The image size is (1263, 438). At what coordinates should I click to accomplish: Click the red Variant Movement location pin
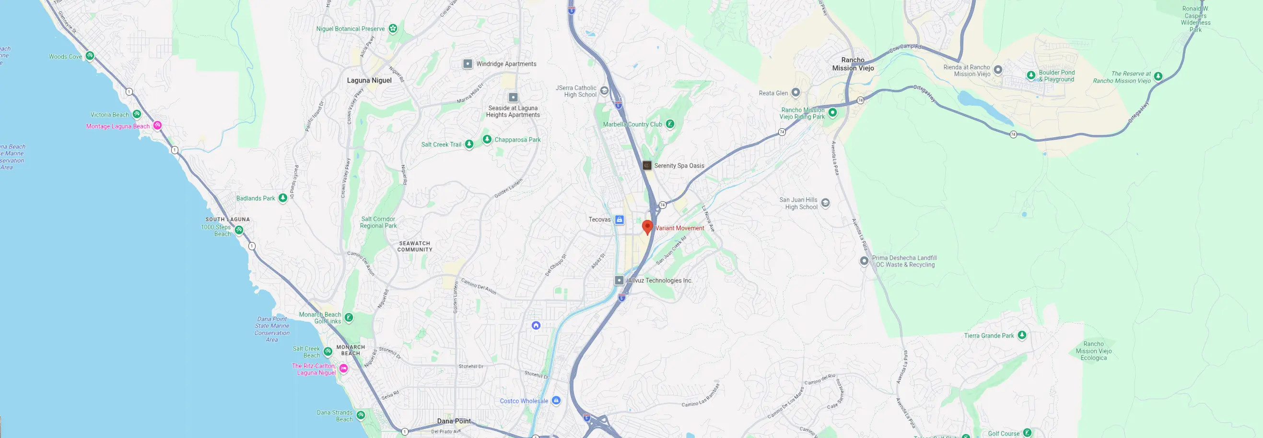[x=647, y=227]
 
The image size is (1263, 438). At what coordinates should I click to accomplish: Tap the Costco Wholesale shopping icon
[x=556, y=401]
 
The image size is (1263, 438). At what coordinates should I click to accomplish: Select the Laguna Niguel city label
[x=369, y=81]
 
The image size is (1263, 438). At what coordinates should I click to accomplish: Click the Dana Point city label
[x=454, y=421]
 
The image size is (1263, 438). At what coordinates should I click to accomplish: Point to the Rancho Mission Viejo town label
[x=853, y=64]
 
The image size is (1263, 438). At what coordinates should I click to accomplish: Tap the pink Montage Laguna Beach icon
[x=157, y=125]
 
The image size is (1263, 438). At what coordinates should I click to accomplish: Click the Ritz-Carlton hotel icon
[x=344, y=368]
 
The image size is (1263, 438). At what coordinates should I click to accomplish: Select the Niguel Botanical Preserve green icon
[x=393, y=28]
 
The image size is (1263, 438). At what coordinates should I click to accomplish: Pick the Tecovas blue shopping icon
[x=619, y=219]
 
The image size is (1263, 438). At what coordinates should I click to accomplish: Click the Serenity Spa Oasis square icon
[x=647, y=166]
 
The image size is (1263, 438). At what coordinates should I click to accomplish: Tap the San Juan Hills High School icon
[x=825, y=203]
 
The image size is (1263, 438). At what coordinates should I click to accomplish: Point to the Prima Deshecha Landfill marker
[x=864, y=261]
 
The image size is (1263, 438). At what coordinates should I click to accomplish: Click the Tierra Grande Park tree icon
[x=1022, y=335]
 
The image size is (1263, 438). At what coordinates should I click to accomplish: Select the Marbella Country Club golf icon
[x=670, y=124]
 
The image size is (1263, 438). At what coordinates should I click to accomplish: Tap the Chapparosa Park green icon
[x=487, y=139]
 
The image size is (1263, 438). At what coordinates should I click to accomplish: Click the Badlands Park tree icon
[x=283, y=198]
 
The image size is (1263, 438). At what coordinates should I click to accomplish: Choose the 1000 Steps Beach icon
[x=239, y=230]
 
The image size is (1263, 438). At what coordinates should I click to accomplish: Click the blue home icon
[x=536, y=325]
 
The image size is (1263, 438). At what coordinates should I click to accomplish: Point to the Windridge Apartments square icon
[x=468, y=64]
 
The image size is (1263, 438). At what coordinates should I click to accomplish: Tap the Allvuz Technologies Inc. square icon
[x=619, y=280]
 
